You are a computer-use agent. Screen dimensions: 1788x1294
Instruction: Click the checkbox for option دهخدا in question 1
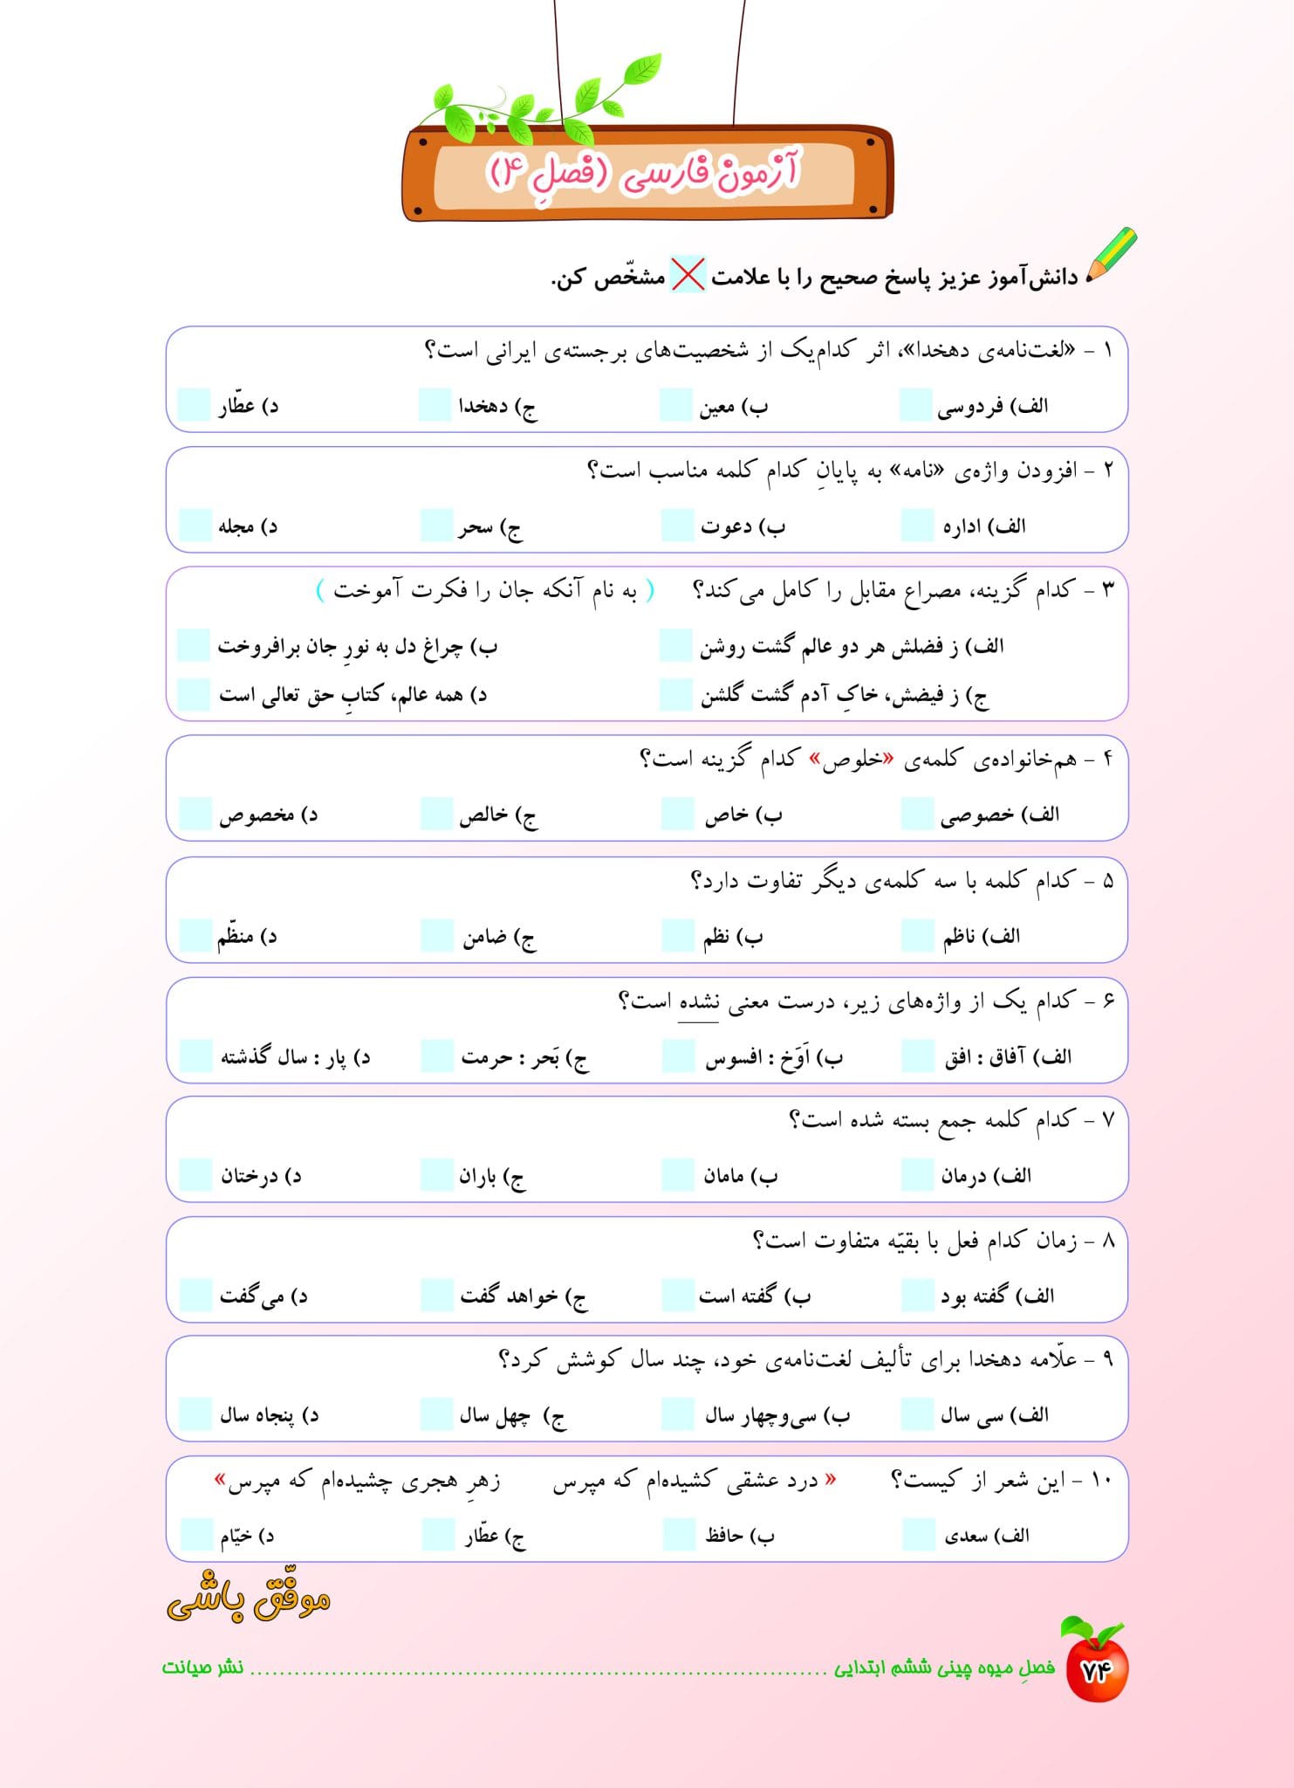435,405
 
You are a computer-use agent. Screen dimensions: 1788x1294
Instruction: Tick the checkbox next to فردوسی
915,405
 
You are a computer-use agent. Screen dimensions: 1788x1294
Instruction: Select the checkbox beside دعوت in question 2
677,526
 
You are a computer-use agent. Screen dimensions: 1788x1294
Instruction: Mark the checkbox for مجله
195,526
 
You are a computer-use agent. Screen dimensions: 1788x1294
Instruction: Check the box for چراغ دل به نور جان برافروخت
194,645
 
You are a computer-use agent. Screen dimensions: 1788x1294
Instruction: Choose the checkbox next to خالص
436,814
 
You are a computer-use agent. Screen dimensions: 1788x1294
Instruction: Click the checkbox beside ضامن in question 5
436,935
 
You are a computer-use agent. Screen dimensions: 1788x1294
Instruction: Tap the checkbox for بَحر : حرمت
436,1056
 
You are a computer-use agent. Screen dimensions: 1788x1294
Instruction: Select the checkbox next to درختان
195,1175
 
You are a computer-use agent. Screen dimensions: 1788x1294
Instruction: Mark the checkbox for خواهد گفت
436,1295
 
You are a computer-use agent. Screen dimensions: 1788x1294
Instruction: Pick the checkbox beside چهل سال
436,1414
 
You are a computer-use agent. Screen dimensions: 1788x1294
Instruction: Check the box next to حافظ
678,1535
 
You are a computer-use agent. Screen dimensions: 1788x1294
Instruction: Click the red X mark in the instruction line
688,276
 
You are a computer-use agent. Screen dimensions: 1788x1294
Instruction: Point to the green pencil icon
1111,255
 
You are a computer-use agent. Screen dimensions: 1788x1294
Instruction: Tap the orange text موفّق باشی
249,1600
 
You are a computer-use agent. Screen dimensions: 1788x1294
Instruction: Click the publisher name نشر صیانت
202,1668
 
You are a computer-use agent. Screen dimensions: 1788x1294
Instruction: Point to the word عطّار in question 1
236,406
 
